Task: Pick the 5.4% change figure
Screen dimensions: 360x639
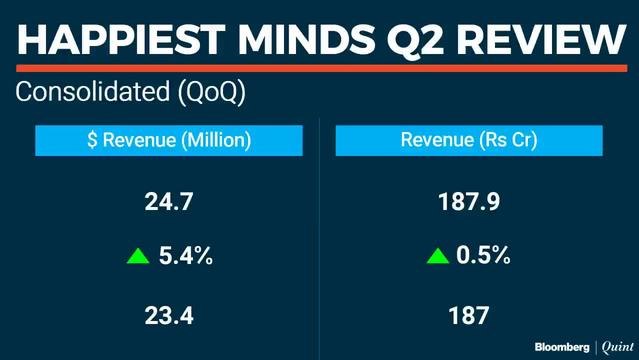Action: [x=186, y=257]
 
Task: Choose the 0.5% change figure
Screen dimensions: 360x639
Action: [x=483, y=257]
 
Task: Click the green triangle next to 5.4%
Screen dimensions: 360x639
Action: [x=138, y=258]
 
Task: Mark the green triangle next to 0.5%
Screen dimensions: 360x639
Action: [x=437, y=258]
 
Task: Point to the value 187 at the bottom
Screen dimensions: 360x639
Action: [x=468, y=316]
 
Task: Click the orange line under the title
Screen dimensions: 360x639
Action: [x=319, y=68]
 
